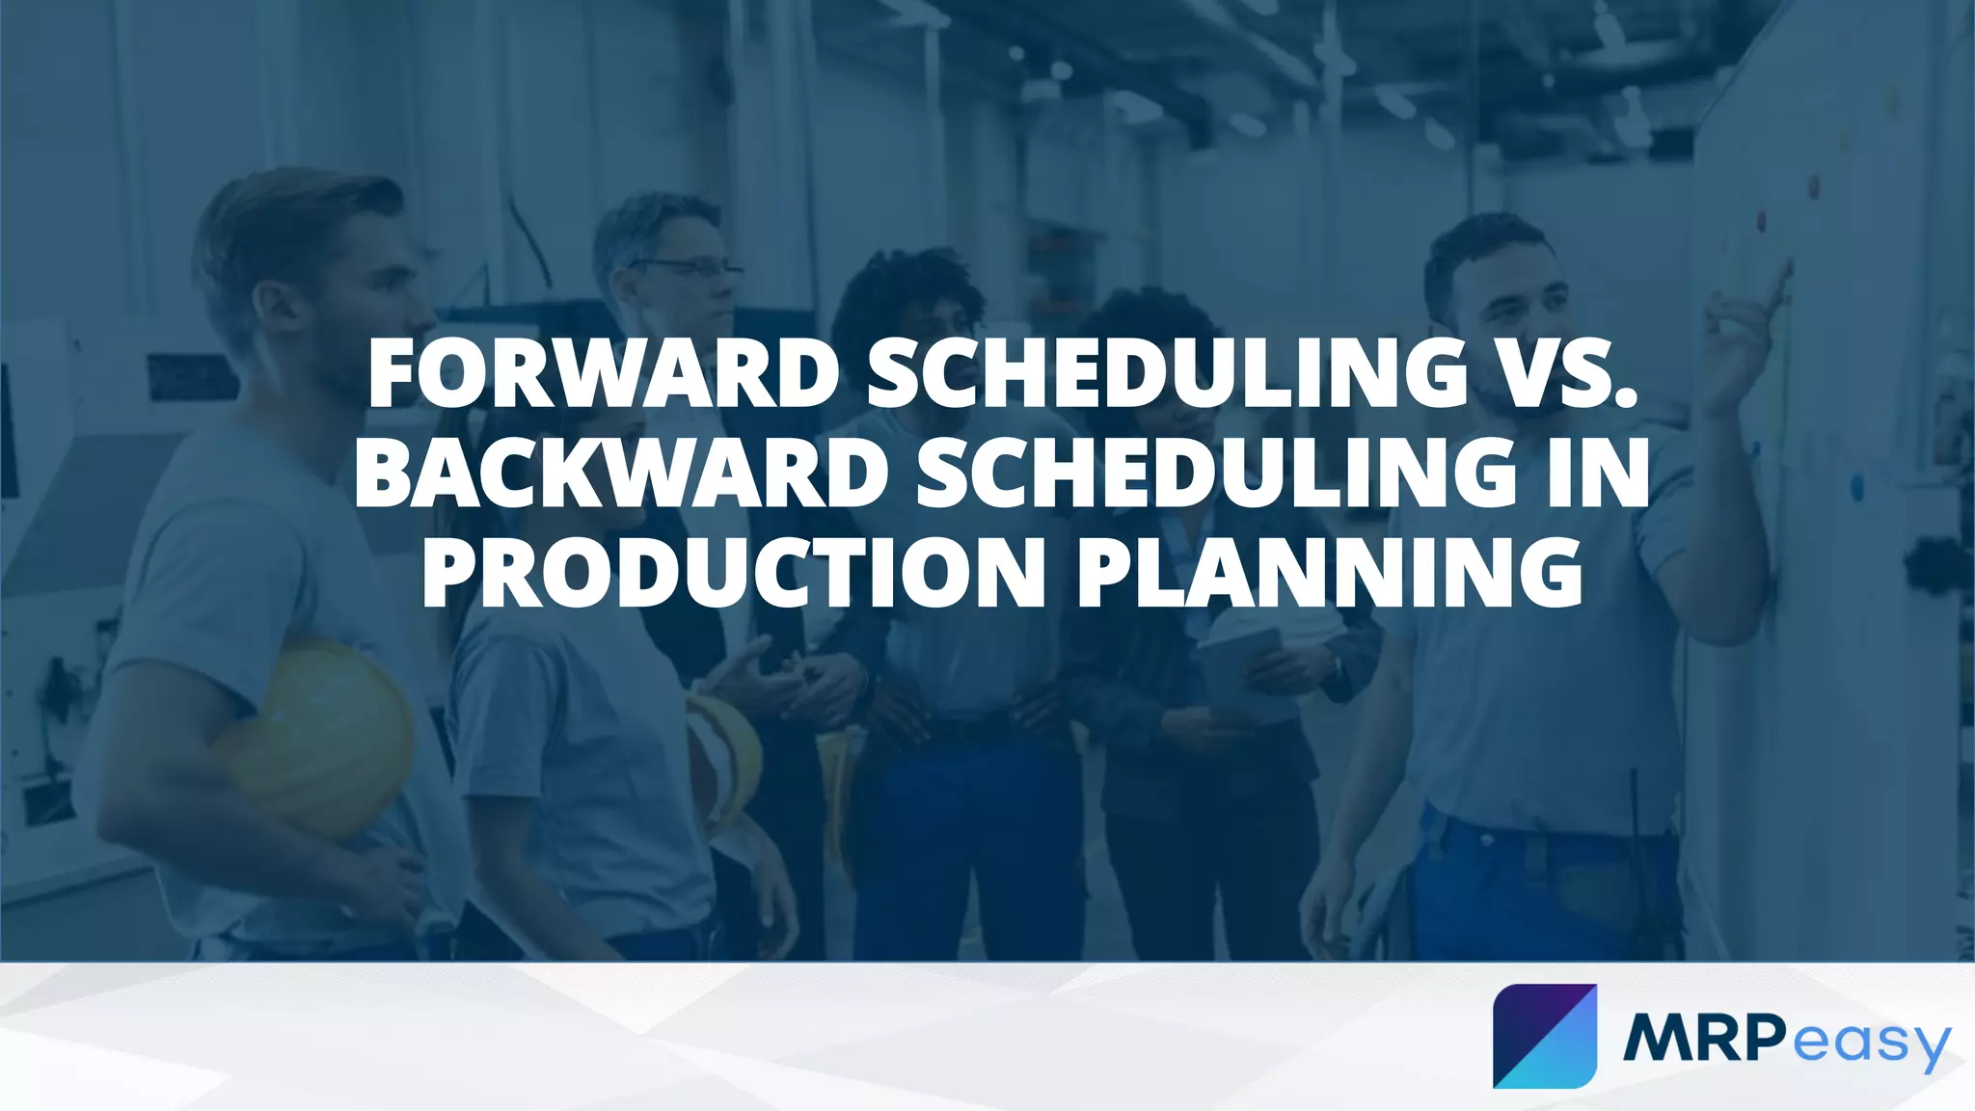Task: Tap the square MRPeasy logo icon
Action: (1544, 1036)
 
